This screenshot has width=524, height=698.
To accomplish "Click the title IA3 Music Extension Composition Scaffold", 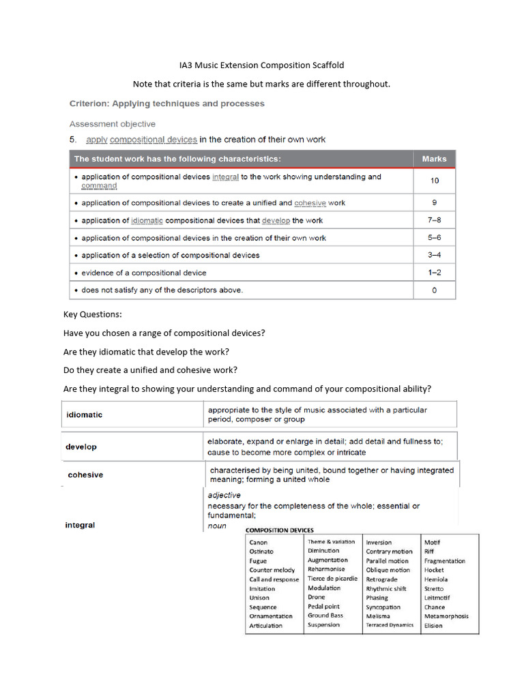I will pos(262,65).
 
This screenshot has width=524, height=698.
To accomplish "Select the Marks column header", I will pos(434,159).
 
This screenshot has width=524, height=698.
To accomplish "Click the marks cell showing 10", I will pos(435,181).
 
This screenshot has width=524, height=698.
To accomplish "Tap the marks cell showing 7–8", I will pos(435,220).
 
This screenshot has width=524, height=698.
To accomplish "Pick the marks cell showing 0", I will pos(435,290).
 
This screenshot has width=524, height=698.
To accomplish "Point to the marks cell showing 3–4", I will pos(435,255).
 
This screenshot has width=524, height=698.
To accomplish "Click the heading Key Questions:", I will pos(92,315).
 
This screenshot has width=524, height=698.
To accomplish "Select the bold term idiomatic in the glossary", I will pos(85,414).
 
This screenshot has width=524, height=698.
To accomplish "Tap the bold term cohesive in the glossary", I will pos(85,475).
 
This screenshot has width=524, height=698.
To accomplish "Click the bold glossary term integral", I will pos(80,526).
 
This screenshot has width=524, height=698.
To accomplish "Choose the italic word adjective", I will pos(224,496).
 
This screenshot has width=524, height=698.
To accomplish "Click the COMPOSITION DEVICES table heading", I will pos(280,530).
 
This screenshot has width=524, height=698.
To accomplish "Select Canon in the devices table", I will pos(259,543).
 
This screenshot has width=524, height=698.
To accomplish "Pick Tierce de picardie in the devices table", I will pos(332,579).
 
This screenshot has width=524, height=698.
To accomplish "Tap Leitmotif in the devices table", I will pos(438,598).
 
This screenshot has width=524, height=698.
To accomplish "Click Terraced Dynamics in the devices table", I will pos(390,625).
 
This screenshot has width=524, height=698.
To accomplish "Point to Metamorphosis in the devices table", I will pos(446,616).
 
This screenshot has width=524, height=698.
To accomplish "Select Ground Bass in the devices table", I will pos(325,616).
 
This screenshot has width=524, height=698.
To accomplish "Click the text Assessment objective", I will pos(113,124).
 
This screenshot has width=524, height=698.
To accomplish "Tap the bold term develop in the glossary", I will pos(81,447).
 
